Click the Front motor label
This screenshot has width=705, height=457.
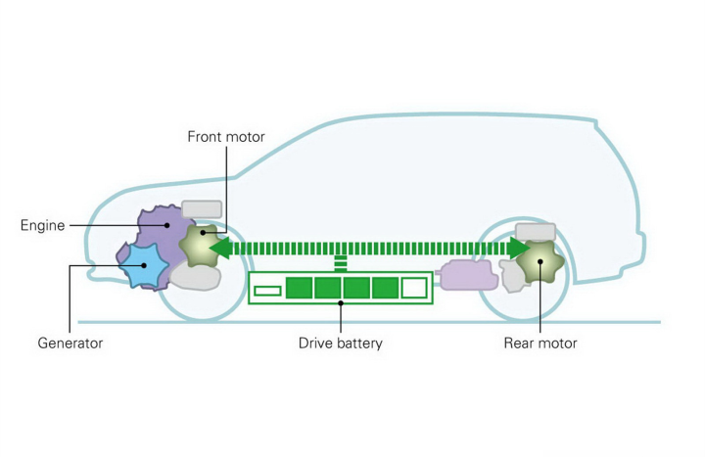[x=226, y=137]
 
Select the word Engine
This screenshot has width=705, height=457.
[x=42, y=226]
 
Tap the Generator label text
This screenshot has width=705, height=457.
[x=70, y=343]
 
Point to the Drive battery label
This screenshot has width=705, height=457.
[x=341, y=343]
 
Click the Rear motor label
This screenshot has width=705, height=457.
[x=540, y=343]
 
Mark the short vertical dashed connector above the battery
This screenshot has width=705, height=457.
[x=341, y=262]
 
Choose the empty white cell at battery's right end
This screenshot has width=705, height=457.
[x=414, y=288]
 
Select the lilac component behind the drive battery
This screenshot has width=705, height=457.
[x=469, y=275]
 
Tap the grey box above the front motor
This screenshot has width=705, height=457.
[x=203, y=209]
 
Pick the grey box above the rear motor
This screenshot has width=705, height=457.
[x=536, y=231]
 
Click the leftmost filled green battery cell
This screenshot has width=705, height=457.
[x=299, y=288]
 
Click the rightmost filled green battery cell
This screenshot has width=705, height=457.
[x=386, y=288]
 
